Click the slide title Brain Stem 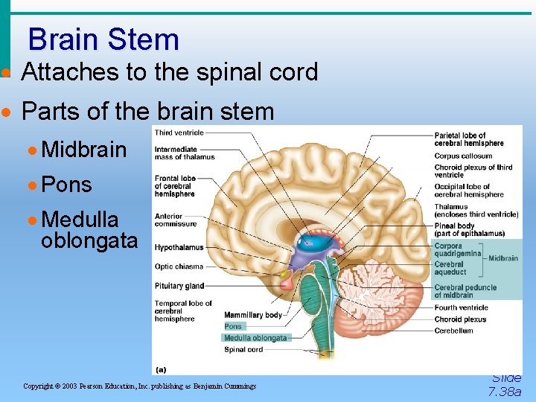click(x=103, y=39)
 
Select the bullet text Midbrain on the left click(x=84, y=150)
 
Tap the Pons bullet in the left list click(x=67, y=185)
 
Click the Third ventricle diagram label click(x=179, y=133)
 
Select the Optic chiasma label click(x=179, y=267)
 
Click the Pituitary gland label click(x=179, y=286)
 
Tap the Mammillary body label click(x=253, y=315)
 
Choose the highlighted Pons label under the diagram click(x=233, y=326)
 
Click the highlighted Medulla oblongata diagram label click(x=255, y=338)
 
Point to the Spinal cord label click(x=243, y=349)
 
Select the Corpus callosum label click(x=463, y=156)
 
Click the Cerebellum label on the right click(x=453, y=331)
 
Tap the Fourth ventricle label click(x=461, y=307)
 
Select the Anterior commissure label click(x=176, y=220)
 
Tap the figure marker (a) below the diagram click(x=161, y=368)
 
